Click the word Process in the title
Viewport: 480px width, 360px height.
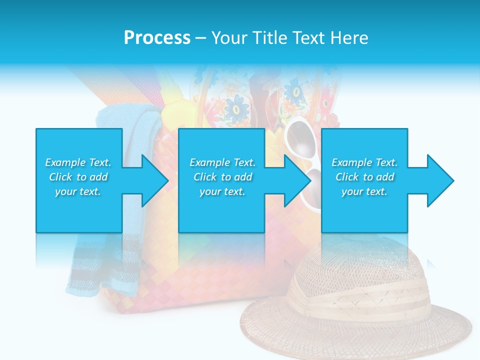pyautogui.click(x=157, y=38)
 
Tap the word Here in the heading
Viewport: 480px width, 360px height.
pyautogui.click(x=350, y=38)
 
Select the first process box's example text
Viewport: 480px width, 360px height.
pyautogui.click(x=78, y=177)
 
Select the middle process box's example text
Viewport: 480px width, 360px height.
pyautogui.click(x=222, y=177)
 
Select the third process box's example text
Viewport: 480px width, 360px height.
pyautogui.click(x=364, y=177)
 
